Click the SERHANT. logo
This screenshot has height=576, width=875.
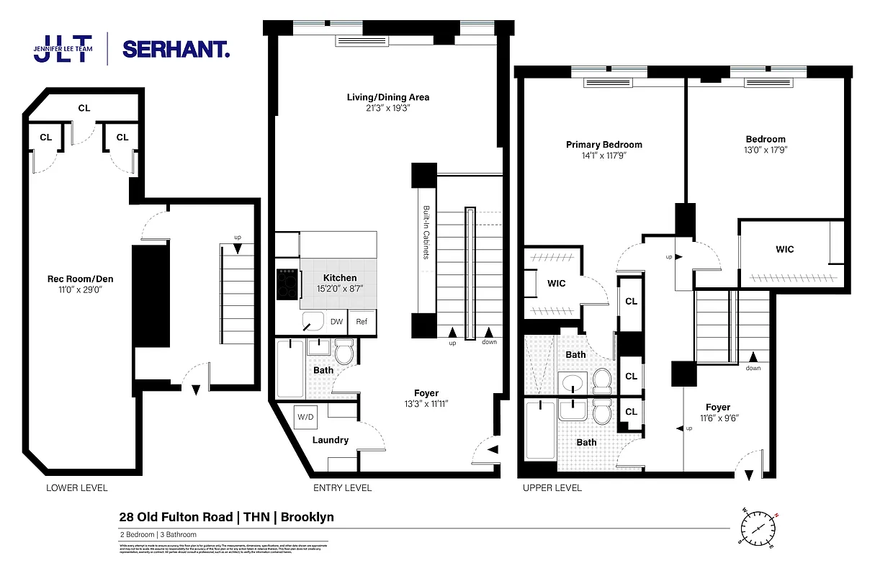pyautogui.click(x=176, y=49)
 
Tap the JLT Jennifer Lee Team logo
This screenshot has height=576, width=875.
pyautogui.click(x=63, y=48)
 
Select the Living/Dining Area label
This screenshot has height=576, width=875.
pyautogui.click(x=388, y=97)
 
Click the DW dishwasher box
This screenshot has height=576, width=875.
pyautogui.click(x=336, y=322)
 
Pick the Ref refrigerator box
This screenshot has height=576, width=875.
pyautogui.click(x=362, y=322)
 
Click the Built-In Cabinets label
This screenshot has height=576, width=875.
pyautogui.click(x=425, y=244)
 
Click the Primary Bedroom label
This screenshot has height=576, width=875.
pyautogui.click(x=603, y=145)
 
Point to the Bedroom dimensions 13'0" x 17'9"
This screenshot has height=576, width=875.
pyautogui.click(x=766, y=150)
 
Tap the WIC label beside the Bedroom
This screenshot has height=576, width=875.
pyautogui.click(x=784, y=249)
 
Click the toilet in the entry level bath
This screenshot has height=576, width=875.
pyautogui.click(x=344, y=352)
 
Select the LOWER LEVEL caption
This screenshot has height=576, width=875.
pyautogui.click(x=76, y=488)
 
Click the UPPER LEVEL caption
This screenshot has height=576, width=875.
pyautogui.click(x=552, y=488)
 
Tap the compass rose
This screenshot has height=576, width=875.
pyautogui.click(x=758, y=527)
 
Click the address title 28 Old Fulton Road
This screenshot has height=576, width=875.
pyautogui.click(x=176, y=517)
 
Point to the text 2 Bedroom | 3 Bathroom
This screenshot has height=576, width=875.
pyautogui.click(x=158, y=535)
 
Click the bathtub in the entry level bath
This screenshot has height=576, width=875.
pyautogui.click(x=290, y=369)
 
